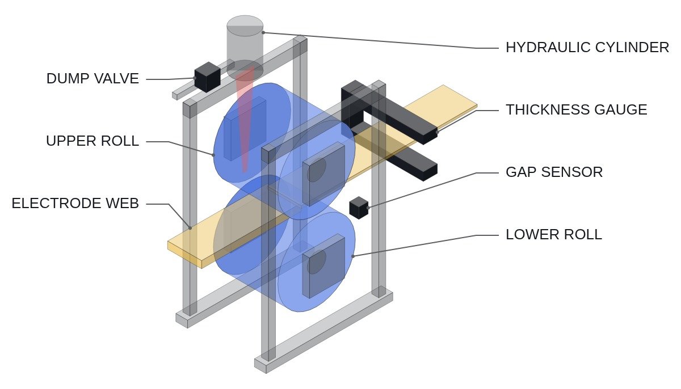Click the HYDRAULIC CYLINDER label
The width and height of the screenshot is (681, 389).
[587, 48]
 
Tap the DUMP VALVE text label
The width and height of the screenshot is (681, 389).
[93, 79]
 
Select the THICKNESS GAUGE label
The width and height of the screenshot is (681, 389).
[577, 109]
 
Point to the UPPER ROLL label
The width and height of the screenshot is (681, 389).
[93, 141]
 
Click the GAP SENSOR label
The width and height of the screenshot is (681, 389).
[554, 172]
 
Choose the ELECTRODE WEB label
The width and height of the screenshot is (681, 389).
[75, 203]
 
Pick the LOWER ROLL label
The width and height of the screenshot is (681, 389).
[554, 234]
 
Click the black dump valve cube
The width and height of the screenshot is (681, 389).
[207, 77]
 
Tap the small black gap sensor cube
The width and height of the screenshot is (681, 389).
[359, 208]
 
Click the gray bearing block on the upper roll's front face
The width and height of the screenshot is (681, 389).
[324, 174]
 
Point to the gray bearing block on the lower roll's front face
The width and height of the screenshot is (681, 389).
[324, 266]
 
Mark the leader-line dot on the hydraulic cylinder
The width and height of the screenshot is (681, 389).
[263, 32]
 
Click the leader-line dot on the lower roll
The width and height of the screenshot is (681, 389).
[352, 256]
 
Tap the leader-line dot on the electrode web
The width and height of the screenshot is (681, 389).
[190, 228]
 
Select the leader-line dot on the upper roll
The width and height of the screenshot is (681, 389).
[213, 155]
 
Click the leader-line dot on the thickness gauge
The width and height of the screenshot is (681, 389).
[437, 132]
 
